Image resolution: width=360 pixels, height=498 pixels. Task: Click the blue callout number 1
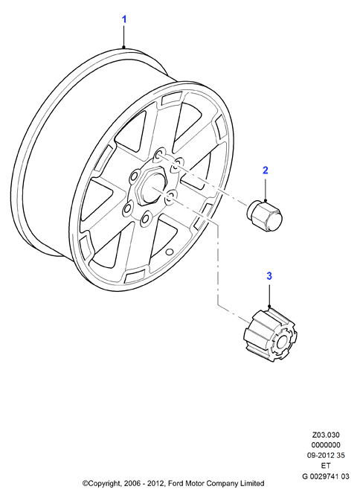(x=124, y=19)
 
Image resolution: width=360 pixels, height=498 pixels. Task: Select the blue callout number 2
(x=266, y=170)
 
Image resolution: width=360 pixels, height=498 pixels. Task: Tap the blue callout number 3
(x=269, y=276)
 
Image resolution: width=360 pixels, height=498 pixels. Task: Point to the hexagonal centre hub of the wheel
(x=149, y=186)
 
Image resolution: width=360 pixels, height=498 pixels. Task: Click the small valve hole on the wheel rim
(x=169, y=252)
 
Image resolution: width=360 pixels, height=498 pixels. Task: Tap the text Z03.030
(x=326, y=435)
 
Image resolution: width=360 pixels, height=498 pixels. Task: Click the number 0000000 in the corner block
(x=326, y=445)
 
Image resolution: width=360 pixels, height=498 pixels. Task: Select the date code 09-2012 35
(x=326, y=455)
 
